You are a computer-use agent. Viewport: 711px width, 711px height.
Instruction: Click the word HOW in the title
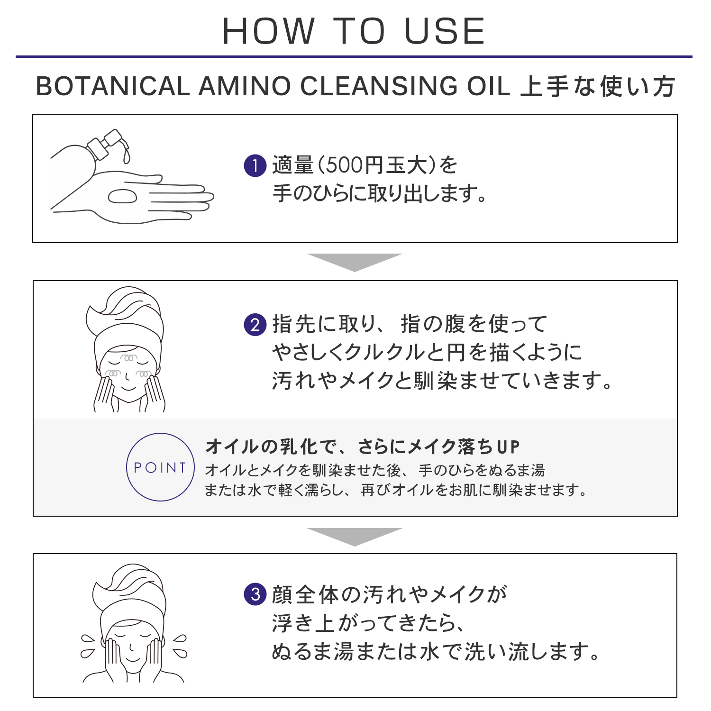pyautogui.click(x=268, y=31)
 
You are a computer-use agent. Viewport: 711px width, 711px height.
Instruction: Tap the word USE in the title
pyautogui.click(x=445, y=31)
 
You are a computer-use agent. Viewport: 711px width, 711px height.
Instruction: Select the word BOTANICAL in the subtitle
pyautogui.click(x=113, y=86)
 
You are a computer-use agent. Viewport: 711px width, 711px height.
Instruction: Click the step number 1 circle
pyautogui.click(x=255, y=165)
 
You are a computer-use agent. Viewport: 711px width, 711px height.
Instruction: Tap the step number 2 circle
pyautogui.click(x=255, y=325)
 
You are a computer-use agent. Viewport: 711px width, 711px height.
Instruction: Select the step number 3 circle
pyautogui.click(x=255, y=594)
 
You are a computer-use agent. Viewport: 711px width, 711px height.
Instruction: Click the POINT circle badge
pyautogui.click(x=160, y=467)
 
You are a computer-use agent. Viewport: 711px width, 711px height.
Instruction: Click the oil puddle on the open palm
pyautogui.click(x=123, y=196)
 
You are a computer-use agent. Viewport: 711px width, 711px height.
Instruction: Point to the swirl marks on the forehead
pyautogui.click(x=129, y=357)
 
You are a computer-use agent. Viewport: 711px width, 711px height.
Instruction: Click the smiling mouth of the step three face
pyautogui.click(x=132, y=658)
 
